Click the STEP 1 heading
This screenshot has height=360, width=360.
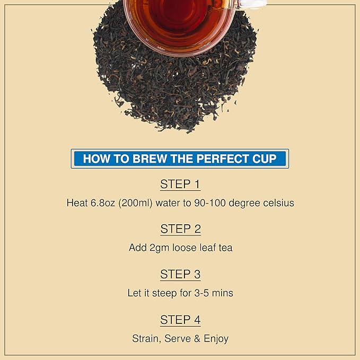pos(180,185)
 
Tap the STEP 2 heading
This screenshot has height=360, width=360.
pos(180,230)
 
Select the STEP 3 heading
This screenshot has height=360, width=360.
pos(180,275)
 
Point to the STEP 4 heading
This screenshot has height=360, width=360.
pos(180,320)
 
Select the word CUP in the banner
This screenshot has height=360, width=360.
pos(265,159)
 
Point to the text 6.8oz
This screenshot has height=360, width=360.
pos(103,203)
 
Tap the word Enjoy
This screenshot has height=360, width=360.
pos(215,339)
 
